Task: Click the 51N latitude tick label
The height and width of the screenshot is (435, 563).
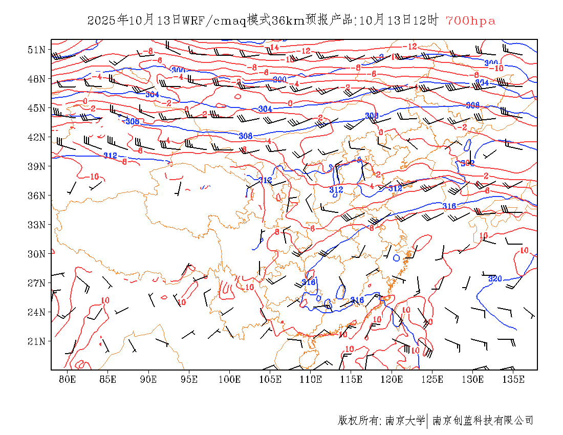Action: click(x=37, y=50)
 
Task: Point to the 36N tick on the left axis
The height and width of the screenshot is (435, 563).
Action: click(x=37, y=195)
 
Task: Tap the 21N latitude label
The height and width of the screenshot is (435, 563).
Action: click(x=37, y=341)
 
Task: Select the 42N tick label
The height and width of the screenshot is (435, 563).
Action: click(x=37, y=137)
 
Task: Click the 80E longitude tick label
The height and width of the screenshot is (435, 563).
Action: click(x=68, y=379)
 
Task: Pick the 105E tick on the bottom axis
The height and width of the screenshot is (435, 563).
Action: click(x=270, y=379)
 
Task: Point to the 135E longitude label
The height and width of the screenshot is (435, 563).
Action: click(x=513, y=379)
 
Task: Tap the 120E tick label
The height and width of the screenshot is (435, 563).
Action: click(x=392, y=379)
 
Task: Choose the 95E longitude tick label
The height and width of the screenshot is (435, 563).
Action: click(x=189, y=379)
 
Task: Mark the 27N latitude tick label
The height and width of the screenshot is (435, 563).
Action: click(x=37, y=283)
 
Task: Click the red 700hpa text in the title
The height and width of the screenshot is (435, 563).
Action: click(x=470, y=21)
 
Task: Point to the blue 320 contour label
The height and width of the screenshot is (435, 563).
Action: click(x=495, y=279)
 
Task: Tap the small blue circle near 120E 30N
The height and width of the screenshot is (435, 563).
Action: click(x=396, y=258)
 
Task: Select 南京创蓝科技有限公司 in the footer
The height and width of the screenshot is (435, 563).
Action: click(x=483, y=421)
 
